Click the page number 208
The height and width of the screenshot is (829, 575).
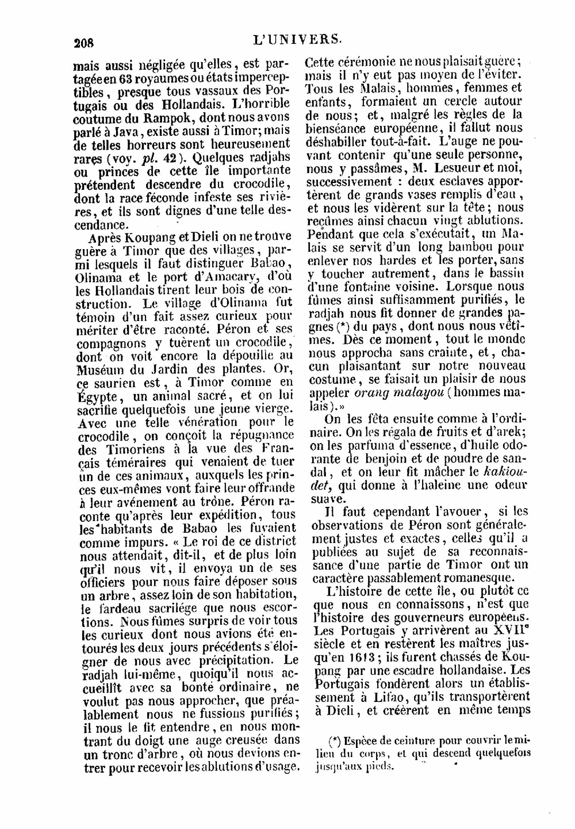(x=83, y=42)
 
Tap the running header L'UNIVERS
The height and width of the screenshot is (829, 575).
(x=297, y=39)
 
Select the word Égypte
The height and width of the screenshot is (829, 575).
(x=97, y=396)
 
